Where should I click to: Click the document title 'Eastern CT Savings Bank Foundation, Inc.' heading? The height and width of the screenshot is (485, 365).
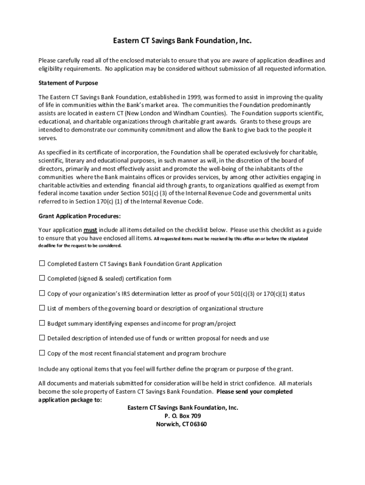[x=182, y=42]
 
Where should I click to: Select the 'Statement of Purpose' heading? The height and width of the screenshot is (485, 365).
[x=68, y=83]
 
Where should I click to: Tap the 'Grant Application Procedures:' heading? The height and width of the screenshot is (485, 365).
[x=79, y=216]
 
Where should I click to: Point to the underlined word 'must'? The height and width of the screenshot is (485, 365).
[x=91, y=230]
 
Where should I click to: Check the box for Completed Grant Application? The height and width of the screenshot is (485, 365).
[x=42, y=263]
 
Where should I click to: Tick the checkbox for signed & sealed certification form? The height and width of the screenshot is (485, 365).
[x=42, y=278]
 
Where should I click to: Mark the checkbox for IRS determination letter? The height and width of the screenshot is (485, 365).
[x=42, y=293]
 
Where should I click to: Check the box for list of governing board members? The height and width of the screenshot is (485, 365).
[x=42, y=308]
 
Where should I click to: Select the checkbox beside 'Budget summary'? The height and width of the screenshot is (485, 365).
[x=42, y=323]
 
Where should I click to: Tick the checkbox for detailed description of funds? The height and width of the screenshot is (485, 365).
[x=42, y=338]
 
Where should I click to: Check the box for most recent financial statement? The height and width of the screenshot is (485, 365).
[x=42, y=353]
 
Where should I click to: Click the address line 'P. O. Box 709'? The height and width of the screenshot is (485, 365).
[x=182, y=416]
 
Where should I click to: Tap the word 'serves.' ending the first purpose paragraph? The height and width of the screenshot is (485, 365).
[x=47, y=138]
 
